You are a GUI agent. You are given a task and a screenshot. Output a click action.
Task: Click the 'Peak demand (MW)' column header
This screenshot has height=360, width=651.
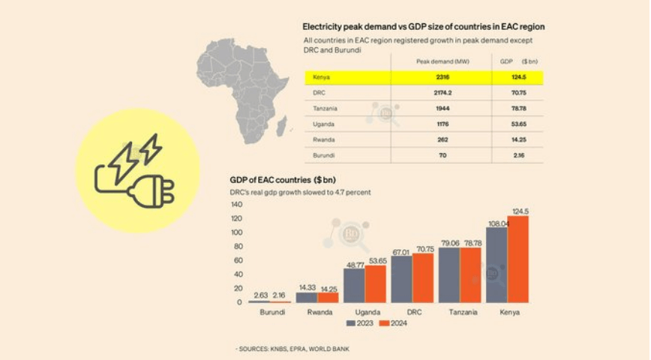pyautogui.click(x=441, y=61)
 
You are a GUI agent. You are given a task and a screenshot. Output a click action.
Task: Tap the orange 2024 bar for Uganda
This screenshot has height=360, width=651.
pyautogui.click(x=375, y=283)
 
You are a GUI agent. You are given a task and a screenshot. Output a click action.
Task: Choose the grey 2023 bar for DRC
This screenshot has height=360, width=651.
pyautogui.click(x=401, y=279)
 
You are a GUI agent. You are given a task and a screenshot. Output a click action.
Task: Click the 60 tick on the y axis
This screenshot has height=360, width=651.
pyautogui.click(x=238, y=260)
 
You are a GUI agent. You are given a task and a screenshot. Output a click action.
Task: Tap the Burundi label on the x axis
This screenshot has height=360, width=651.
pyautogui.click(x=271, y=312)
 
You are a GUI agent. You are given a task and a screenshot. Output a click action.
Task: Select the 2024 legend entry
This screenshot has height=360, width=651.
pyautogui.click(x=391, y=323)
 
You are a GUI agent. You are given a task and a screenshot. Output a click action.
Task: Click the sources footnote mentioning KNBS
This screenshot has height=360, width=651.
pyautogui.click(x=292, y=349)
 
